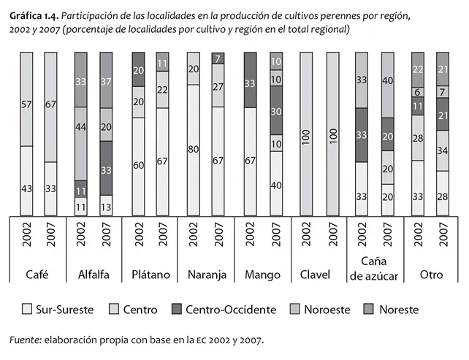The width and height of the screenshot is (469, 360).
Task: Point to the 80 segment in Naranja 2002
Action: [x=194, y=150]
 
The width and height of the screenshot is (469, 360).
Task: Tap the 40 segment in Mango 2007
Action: [x=276, y=185]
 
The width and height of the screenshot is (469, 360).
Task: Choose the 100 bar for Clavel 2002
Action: [x=305, y=134]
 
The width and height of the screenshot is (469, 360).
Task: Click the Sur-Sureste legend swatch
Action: [x=28, y=310]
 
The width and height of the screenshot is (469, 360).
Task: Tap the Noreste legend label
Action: [x=398, y=310]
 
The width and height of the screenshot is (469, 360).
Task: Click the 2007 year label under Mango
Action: [x=276, y=241]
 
